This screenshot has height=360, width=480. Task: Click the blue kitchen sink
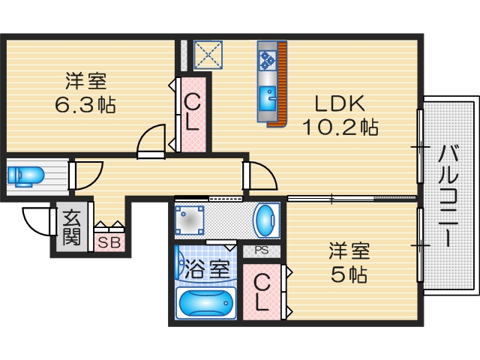268,97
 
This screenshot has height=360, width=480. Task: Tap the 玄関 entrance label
71,227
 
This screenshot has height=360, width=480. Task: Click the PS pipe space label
261,251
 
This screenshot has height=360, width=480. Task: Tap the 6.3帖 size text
84,104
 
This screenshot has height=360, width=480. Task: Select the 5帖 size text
349,275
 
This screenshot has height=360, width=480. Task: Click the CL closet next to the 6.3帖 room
192,112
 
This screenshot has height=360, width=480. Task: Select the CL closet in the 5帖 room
262,292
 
